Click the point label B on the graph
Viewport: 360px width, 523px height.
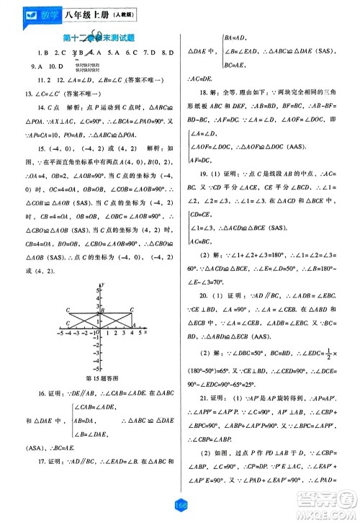click(103, 310)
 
